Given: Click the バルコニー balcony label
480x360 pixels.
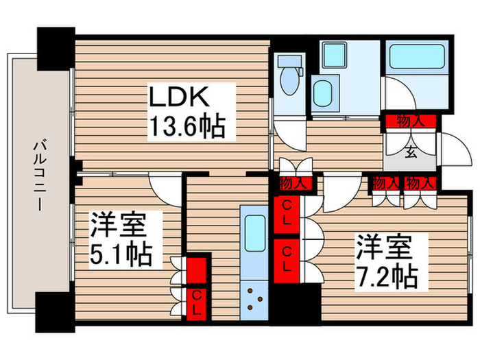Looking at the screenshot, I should click(x=38, y=174).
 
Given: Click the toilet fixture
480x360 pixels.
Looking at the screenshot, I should click(x=289, y=77).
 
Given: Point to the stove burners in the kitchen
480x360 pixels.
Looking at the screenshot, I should click(x=255, y=299).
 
